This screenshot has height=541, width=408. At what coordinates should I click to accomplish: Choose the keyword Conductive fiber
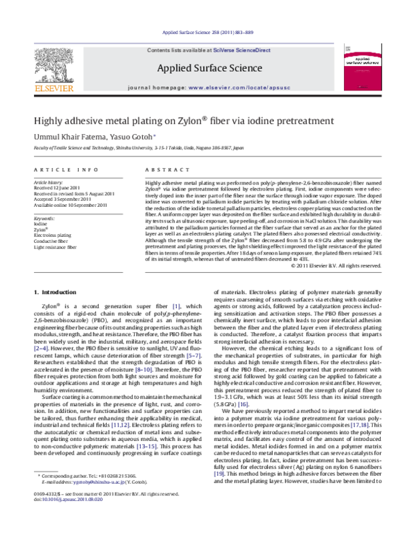point(52,241)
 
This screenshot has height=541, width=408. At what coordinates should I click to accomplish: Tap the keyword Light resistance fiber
point(56,247)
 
